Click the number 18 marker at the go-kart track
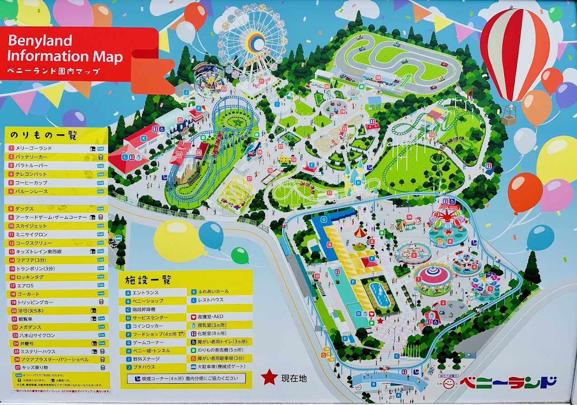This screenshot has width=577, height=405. click(x=378, y=78)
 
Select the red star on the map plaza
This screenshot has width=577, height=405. click(x=381, y=320)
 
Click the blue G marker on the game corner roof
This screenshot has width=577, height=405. click(x=324, y=220)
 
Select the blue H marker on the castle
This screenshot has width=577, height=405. click(x=358, y=183)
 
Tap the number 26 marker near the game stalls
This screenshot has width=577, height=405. click(x=409, y=217)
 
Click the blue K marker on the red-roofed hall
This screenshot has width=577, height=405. click(x=143, y=138)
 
